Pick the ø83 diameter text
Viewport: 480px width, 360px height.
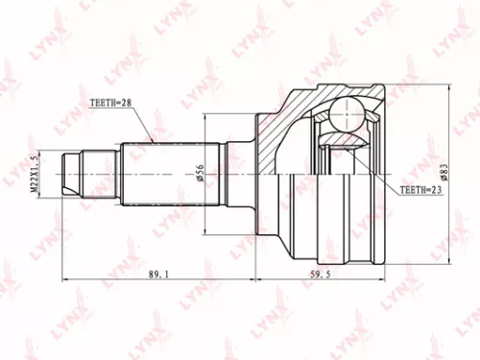[x=444, y=174]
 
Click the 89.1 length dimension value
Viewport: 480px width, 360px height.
[x=157, y=275]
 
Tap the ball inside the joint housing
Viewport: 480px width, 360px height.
[x=338, y=118]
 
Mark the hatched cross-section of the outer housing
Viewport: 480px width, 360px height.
[x=288, y=115]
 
